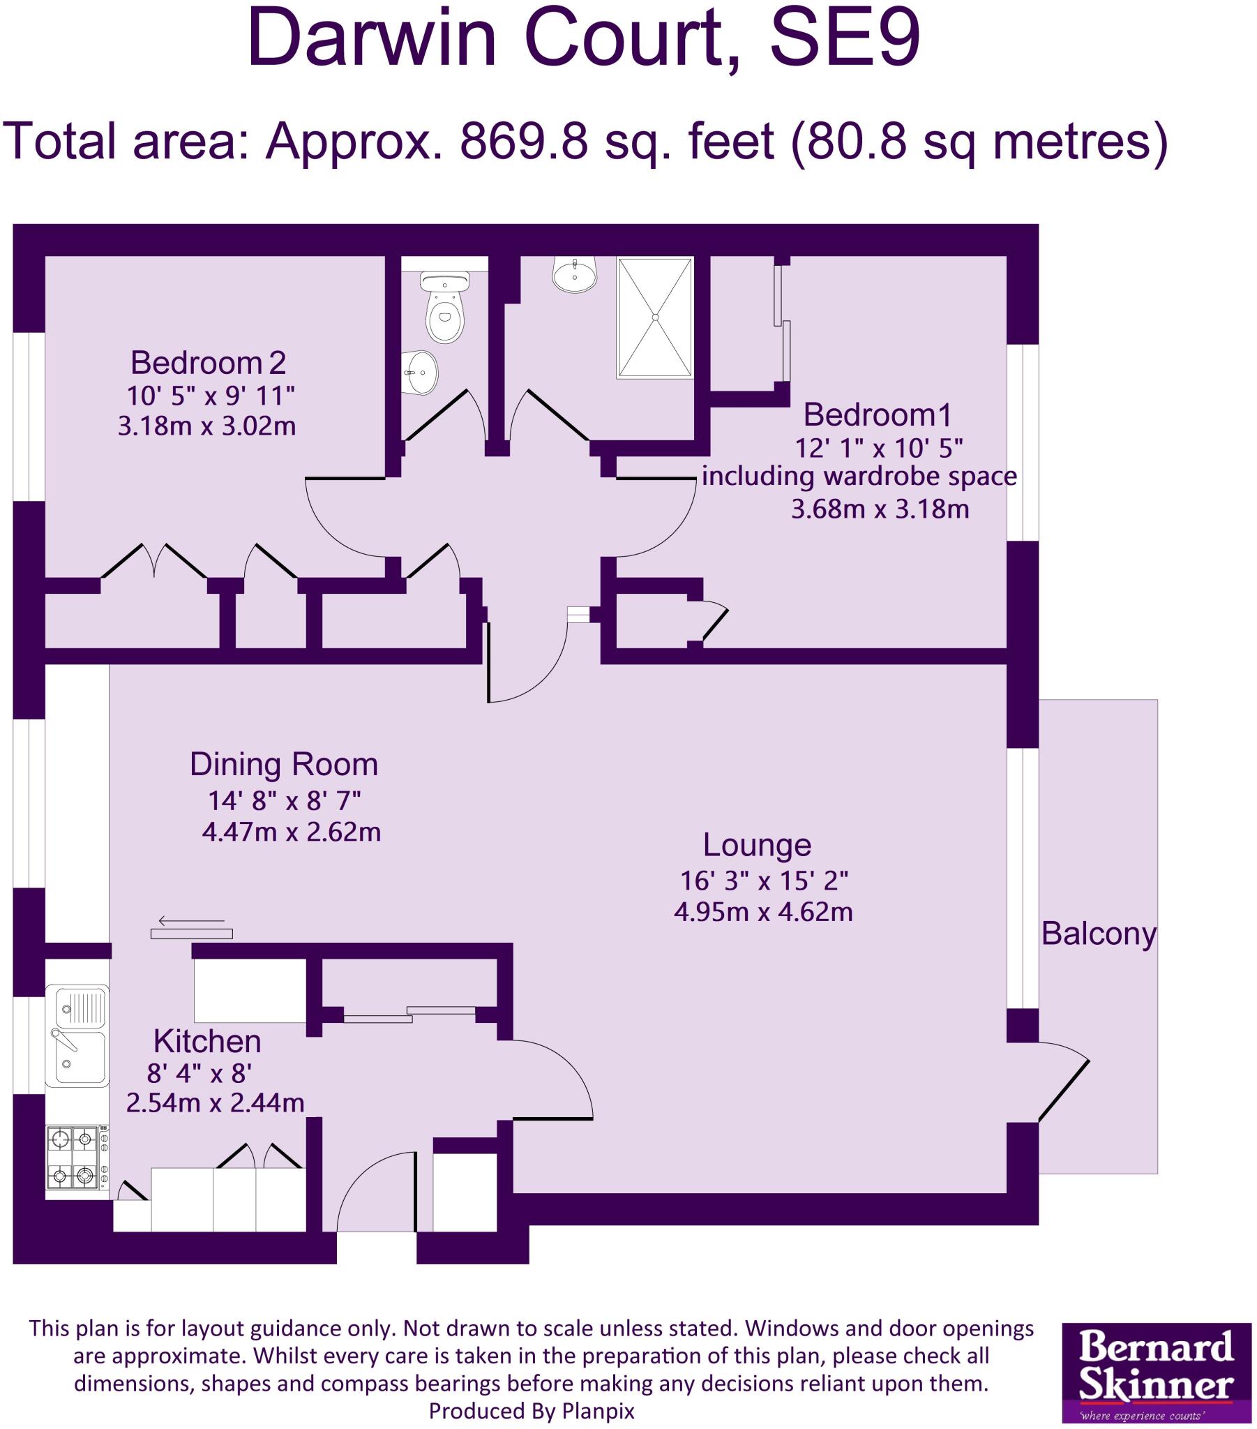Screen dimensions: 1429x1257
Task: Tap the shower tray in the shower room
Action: click(x=655, y=318)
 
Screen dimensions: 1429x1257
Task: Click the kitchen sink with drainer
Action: click(x=77, y=1035)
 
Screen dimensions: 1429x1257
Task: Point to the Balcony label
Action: click(x=1098, y=934)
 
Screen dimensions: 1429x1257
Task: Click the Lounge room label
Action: click(x=756, y=844)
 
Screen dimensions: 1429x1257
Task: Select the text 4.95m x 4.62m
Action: click(x=762, y=912)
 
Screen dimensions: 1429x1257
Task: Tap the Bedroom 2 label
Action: click(x=208, y=363)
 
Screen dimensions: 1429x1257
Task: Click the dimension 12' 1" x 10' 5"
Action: click(x=878, y=447)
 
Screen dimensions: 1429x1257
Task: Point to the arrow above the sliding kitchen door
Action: click(x=191, y=921)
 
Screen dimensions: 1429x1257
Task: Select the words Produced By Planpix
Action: click(x=532, y=1410)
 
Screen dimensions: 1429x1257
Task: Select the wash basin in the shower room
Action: click(x=575, y=274)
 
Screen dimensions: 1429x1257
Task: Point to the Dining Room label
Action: click(x=283, y=764)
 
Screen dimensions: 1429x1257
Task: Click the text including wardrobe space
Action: click(x=859, y=477)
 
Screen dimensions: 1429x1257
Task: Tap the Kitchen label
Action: click(x=207, y=1041)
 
